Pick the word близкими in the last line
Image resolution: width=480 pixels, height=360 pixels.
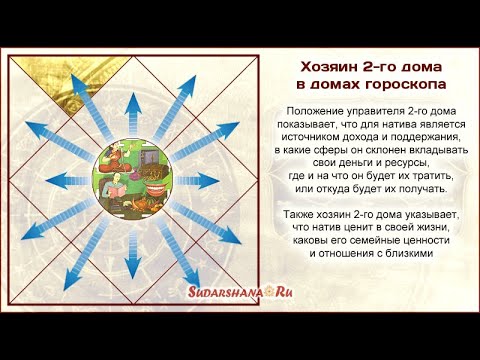(411, 255)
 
